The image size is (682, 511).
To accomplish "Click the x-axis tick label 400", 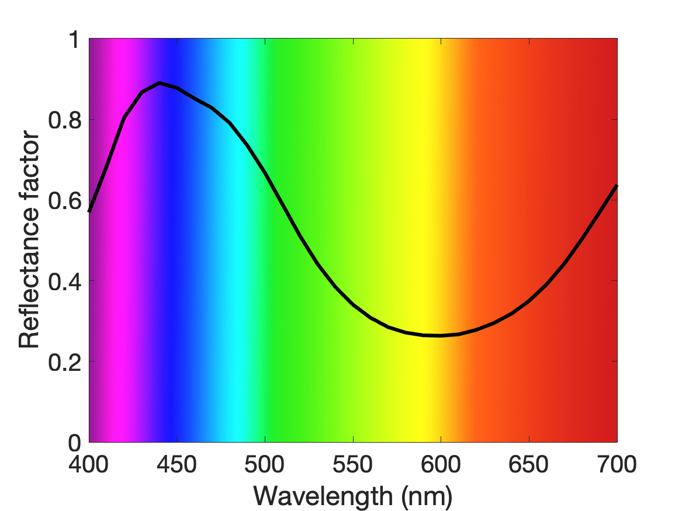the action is pos(89,464).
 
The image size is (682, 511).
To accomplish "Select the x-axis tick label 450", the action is pos(176,464).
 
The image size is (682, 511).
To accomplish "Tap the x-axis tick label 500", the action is pos(265,464).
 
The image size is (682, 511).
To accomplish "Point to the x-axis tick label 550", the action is pos(353,464).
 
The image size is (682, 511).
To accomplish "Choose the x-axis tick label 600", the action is pos(441,464).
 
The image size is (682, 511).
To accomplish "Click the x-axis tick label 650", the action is pos(528,464).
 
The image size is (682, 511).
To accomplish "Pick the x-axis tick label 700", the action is pos(617,464).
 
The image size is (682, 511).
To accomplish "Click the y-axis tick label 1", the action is pos(75,40).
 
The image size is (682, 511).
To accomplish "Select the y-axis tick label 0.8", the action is pos(65,120).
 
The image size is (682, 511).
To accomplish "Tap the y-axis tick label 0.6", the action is pos(65,201).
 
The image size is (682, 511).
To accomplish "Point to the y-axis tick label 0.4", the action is pos(65,281).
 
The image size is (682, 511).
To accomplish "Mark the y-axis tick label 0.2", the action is pos(65,362).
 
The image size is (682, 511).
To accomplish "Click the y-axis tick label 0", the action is pos(75,443).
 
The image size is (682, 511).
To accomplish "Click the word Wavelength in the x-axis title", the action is pos(323,496).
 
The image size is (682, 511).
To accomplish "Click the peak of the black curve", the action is pos(160,82).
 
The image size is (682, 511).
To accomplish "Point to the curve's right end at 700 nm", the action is pos(617,186).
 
